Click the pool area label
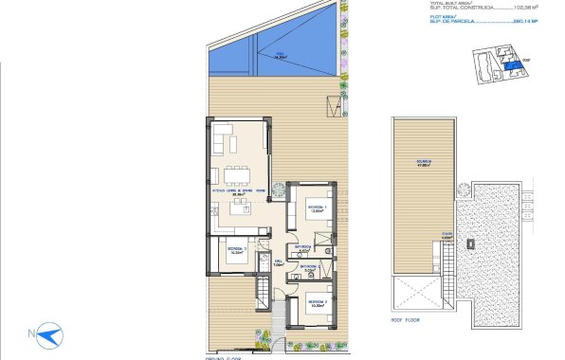280,55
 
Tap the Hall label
279,263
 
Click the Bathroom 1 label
303,250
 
